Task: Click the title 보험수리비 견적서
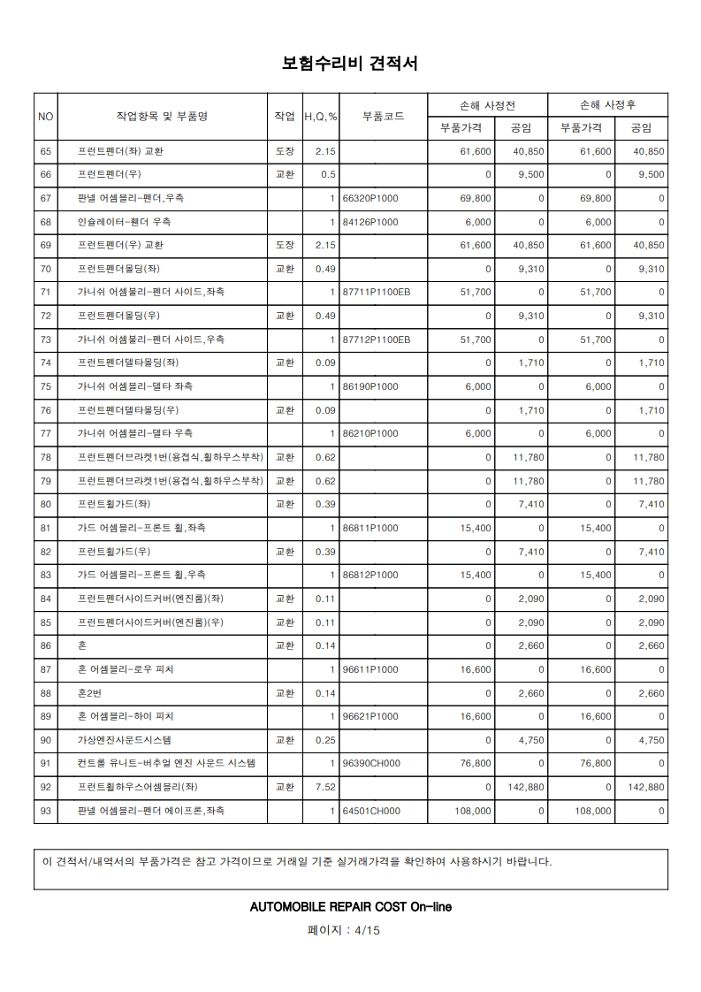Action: point(350,64)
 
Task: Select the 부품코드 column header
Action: point(384,116)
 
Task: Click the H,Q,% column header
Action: point(321,116)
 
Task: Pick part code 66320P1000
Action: point(370,198)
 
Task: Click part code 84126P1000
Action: point(370,221)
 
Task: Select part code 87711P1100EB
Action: point(376,292)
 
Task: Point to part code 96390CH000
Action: point(371,763)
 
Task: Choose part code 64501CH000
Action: point(371,811)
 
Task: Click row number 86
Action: point(46,645)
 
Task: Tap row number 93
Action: point(46,811)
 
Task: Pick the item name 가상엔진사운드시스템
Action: point(124,740)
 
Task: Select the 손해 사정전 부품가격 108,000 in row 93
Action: point(470,811)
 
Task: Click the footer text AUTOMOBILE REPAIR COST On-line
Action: point(351,906)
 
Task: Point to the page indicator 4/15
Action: point(366,930)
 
